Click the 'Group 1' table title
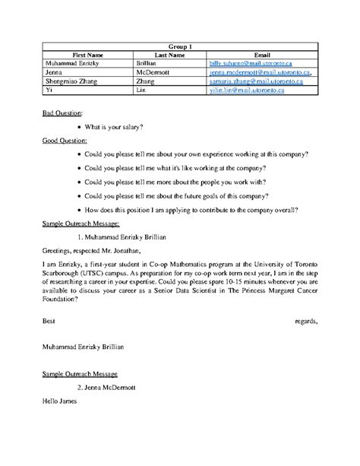(x=179, y=46)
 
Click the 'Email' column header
(x=262, y=55)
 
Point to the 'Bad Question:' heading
(x=59, y=113)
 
